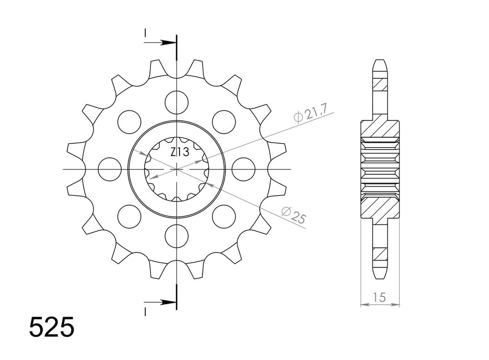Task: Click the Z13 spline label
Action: [x=180, y=152]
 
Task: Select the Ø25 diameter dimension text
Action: [x=293, y=215]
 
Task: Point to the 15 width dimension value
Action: [x=379, y=297]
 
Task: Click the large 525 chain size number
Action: [x=52, y=327]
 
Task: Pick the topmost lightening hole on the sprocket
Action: [x=177, y=102]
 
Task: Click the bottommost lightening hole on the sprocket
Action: [x=177, y=236]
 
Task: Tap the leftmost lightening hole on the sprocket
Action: [x=109, y=169]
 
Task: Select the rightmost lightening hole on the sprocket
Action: [x=244, y=169]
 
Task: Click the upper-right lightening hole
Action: [x=224, y=122]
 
